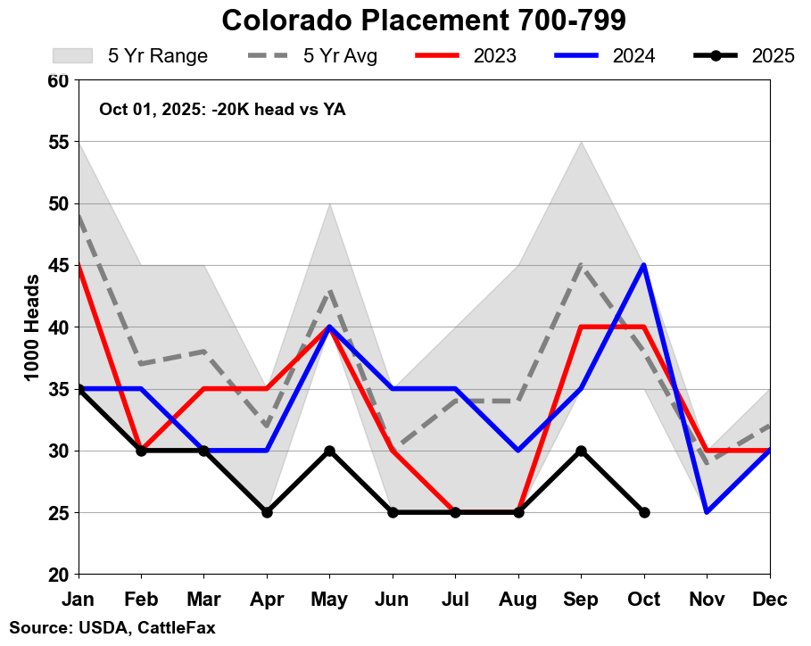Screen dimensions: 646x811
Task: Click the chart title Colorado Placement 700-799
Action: (423, 20)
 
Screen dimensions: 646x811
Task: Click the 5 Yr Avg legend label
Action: (340, 56)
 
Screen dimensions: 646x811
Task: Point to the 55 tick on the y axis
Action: (58, 142)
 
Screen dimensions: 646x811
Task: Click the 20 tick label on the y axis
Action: (58, 575)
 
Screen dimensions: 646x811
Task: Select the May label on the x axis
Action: (330, 599)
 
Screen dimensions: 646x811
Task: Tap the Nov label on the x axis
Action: (708, 599)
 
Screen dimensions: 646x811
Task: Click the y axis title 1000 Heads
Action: (32, 327)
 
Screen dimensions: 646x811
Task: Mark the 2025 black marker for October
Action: (644, 512)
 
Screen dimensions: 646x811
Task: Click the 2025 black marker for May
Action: (330, 451)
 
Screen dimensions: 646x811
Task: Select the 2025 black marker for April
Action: (267, 512)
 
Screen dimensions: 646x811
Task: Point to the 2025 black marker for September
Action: (582, 451)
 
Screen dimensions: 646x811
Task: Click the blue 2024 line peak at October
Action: (644, 265)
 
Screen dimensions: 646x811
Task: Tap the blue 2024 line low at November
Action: (708, 512)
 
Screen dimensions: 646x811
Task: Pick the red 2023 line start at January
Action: (79, 265)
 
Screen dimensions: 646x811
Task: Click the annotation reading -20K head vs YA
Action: (222, 110)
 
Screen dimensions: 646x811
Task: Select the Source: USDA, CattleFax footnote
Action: (112, 628)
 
